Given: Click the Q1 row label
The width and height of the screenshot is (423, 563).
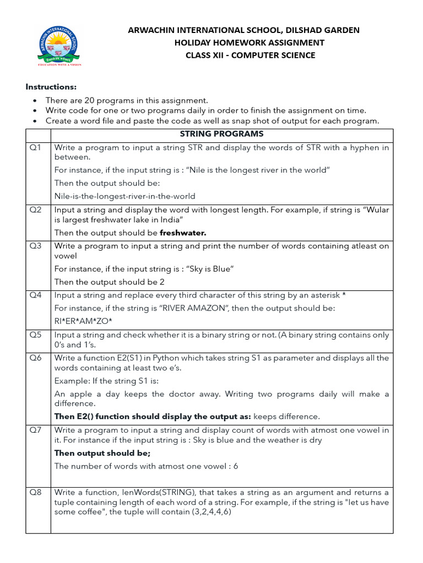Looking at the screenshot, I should pyautogui.click(x=36, y=147).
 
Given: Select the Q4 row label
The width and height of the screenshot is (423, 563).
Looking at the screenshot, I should pyautogui.click(x=36, y=295).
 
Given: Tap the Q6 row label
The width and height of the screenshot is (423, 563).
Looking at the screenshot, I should pyautogui.click(x=36, y=358).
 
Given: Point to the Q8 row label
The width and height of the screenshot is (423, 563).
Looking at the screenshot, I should pyautogui.click(x=36, y=492).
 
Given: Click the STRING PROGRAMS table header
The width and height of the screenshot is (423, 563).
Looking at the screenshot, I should pyautogui.click(x=221, y=134).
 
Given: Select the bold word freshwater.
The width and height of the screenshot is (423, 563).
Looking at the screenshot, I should pyautogui.click(x=183, y=233).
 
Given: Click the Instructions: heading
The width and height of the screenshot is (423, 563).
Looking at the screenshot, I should pyautogui.click(x=52, y=87).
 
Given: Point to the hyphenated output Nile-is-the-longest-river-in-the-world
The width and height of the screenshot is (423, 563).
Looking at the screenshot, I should pyautogui.click(x=125, y=196).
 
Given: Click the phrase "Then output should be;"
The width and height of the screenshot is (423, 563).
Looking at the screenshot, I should pyautogui.click(x=102, y=453).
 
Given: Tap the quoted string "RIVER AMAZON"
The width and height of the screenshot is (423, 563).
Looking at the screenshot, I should pyautogui.click(x=192, y=308).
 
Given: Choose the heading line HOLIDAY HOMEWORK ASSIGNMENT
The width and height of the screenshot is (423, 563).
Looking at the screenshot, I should pyautogui.click(x=250, y=42).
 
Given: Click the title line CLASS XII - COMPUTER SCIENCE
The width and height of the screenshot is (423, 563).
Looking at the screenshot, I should pyautogui.click(x=250, y=55).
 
